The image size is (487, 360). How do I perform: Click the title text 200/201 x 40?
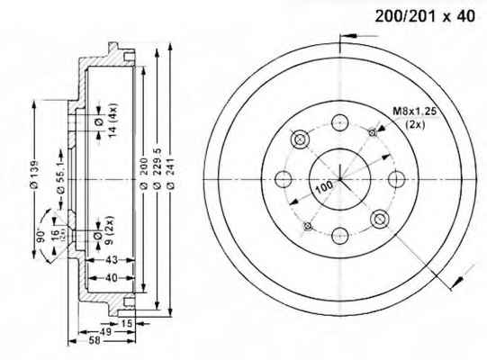[425, 16]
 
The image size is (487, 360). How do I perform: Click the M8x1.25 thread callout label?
[415, 111]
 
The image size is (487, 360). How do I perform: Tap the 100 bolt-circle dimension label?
[324, 186]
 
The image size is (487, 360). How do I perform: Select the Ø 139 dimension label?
[34, 175]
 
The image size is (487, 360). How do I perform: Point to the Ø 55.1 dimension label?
[60, 180]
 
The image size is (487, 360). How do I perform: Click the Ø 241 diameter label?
[171, 174]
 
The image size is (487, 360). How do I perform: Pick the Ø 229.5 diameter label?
[158, 169]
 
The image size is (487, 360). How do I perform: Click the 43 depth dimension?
[112, 260]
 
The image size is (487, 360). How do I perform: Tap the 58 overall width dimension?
[95, 340]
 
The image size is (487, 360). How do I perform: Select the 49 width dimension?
[105, 331]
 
